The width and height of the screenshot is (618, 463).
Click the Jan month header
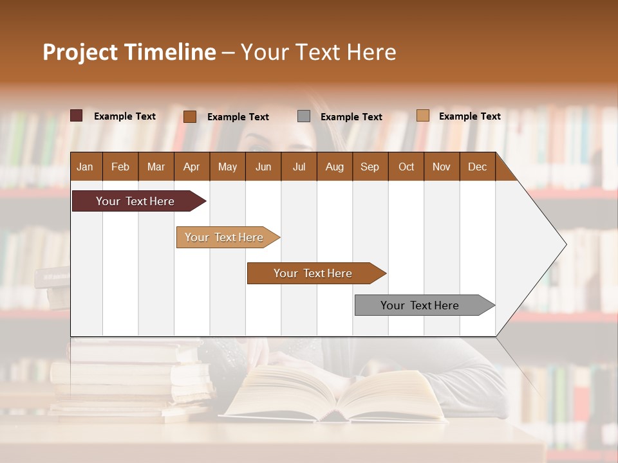(x=85, y=167)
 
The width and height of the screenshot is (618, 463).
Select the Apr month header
(x=191, y=167)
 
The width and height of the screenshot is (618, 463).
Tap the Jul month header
(x=299, y=167)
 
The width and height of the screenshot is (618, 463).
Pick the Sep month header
(x=370, y=167)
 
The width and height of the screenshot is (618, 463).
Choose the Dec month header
(x=477, y=167)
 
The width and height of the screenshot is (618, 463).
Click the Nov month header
(x=441, y=167)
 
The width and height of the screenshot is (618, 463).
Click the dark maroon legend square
(x=76, y=116)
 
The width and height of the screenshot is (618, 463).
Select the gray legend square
(x=304, y=116)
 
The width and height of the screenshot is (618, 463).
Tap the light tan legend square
(x=422, y=116)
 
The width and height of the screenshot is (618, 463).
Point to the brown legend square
(x=189, y=116)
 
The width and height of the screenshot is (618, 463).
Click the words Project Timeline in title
(x=129, y=52)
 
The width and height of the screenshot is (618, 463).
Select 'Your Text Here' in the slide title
(x=318, y=52)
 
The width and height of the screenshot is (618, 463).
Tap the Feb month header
(x=120, y=167)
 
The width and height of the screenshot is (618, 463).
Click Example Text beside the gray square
(x=351, y=116)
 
